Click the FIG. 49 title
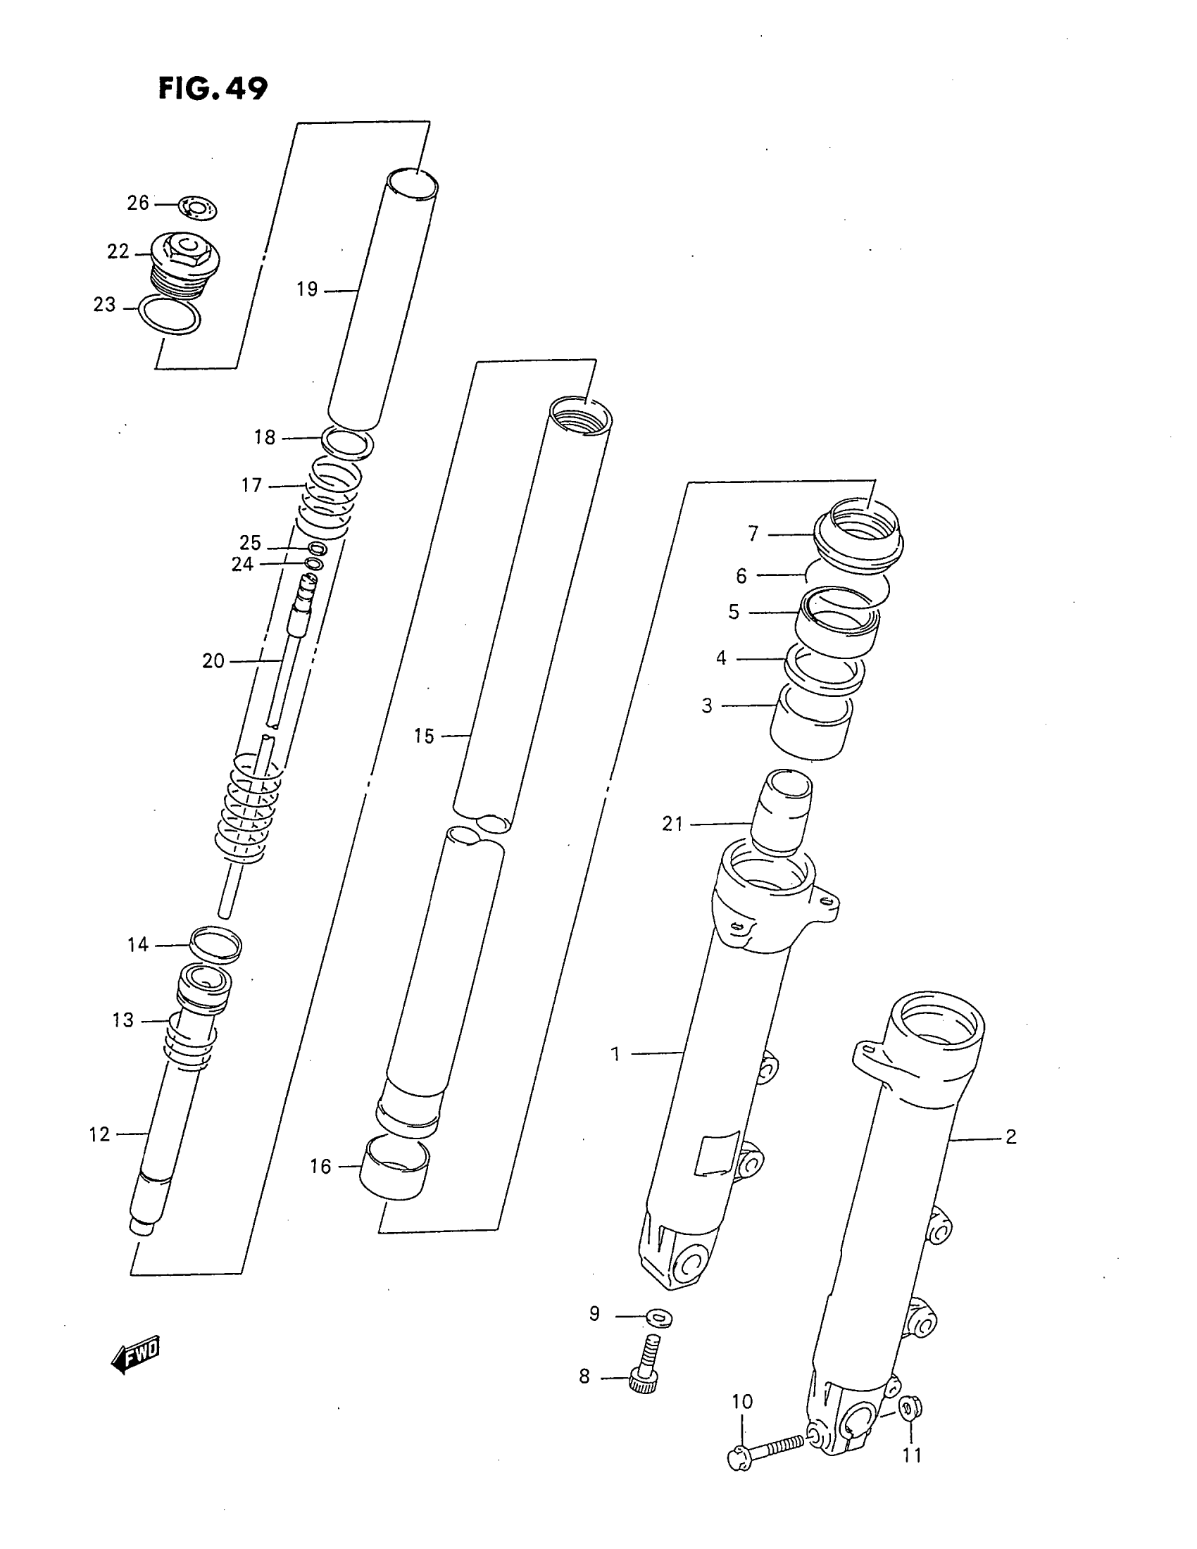coord(213,89)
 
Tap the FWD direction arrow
coord(137,1355)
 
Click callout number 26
coord(137,203)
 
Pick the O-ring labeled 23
coord(170,315)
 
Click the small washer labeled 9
coord(659,1318)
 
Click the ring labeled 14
coord(215,945)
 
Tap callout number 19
coord(307,289)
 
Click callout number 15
coord(423,736)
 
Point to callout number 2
coord(1010,1137)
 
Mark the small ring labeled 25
coord(318,548)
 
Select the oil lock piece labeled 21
coord(782,812)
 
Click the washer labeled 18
coord(347,444)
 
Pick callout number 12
coord(99,1135)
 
